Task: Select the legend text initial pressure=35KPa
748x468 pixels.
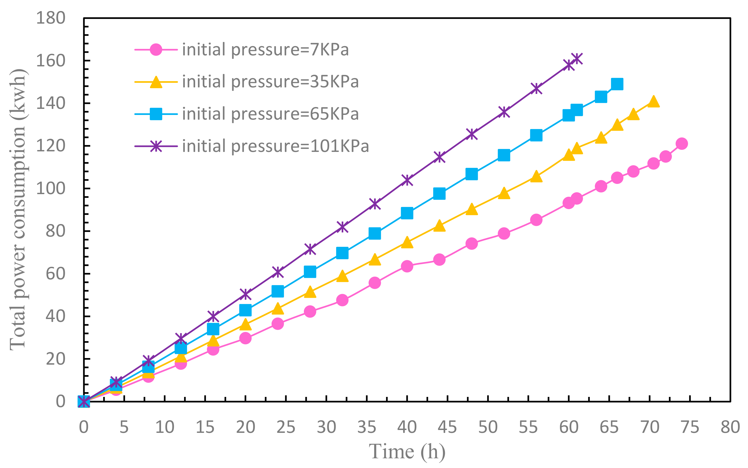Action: coord(270,82)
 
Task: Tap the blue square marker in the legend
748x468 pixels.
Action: coord(156,114)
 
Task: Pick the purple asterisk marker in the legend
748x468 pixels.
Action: coord(156,146)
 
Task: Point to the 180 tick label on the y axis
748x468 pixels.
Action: coord(50,18)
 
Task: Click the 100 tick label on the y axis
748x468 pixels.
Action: coord(50,189)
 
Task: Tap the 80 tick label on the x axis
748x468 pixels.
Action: coord(730,427)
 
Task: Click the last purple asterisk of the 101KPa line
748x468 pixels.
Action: coord(577,58)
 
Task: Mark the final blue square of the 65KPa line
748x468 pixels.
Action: coord(617,84)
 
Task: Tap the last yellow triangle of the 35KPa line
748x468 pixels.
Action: coord(653,102)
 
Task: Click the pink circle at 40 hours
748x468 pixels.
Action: coord(407,266)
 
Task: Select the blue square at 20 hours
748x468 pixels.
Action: coord(245,310)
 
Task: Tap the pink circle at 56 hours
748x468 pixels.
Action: coord(536,220)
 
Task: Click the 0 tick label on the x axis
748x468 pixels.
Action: coord(84,427)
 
